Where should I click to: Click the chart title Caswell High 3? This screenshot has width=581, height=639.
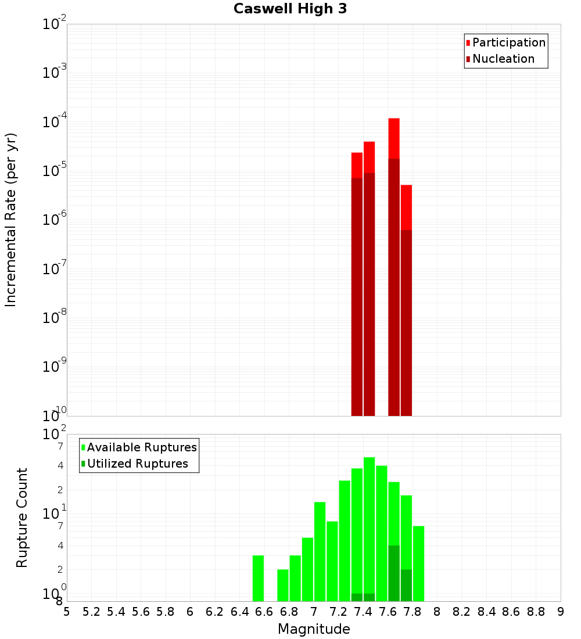click(x=290, y=9)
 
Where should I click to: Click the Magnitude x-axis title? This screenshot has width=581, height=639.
click(x=314, y=629)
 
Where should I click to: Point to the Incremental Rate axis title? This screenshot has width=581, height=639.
click(x=11, y=220)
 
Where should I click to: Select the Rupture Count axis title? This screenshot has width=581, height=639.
click(x=22, y=518)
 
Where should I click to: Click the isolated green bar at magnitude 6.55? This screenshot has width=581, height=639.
click(x=258, y=578)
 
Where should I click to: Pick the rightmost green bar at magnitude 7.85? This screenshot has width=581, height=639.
click(x=418, y=563)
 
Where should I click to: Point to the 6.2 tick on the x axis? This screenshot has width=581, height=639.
click(x=215, y=612)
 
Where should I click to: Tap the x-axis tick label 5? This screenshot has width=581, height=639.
click(x=67, y=612)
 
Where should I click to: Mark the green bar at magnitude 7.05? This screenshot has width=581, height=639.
click(x=320, y=552)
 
